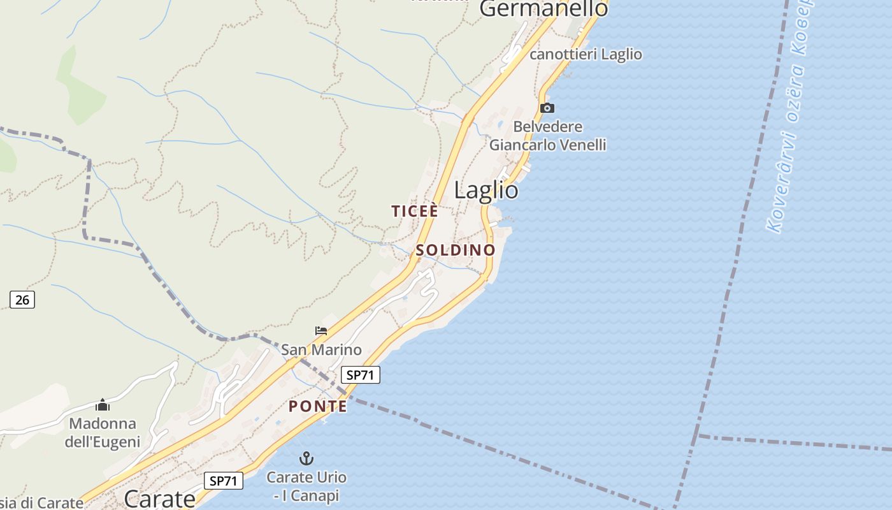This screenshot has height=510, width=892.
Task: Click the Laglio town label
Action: point(486,191)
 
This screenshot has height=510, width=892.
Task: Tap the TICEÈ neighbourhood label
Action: point(415,212)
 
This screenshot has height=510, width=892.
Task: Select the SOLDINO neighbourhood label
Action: point(455,251)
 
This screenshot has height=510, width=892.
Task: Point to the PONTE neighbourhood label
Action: point(318,407)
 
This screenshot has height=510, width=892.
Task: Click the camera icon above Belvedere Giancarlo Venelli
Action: point(547,108)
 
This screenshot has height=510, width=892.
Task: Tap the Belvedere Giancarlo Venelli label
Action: point(548,136)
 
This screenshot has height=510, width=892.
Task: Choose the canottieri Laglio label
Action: point(586,55)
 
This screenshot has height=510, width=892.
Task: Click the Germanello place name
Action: point(543,9)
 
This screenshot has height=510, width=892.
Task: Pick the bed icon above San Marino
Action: point(321,330)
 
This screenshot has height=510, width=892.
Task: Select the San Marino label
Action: point(321,349)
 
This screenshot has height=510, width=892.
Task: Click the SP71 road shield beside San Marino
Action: point(360,375)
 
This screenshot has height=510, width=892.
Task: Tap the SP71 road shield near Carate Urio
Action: point(224,481)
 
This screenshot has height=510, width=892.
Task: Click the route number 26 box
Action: point(22,299)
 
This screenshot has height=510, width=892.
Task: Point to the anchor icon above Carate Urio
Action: point(306,458)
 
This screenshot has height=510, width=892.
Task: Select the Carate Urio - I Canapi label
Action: point(306,486)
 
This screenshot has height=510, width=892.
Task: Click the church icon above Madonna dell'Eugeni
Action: point(103,405)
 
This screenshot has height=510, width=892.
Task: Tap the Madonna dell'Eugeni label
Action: point(103,432)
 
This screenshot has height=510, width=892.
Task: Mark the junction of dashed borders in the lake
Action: point(697,435)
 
